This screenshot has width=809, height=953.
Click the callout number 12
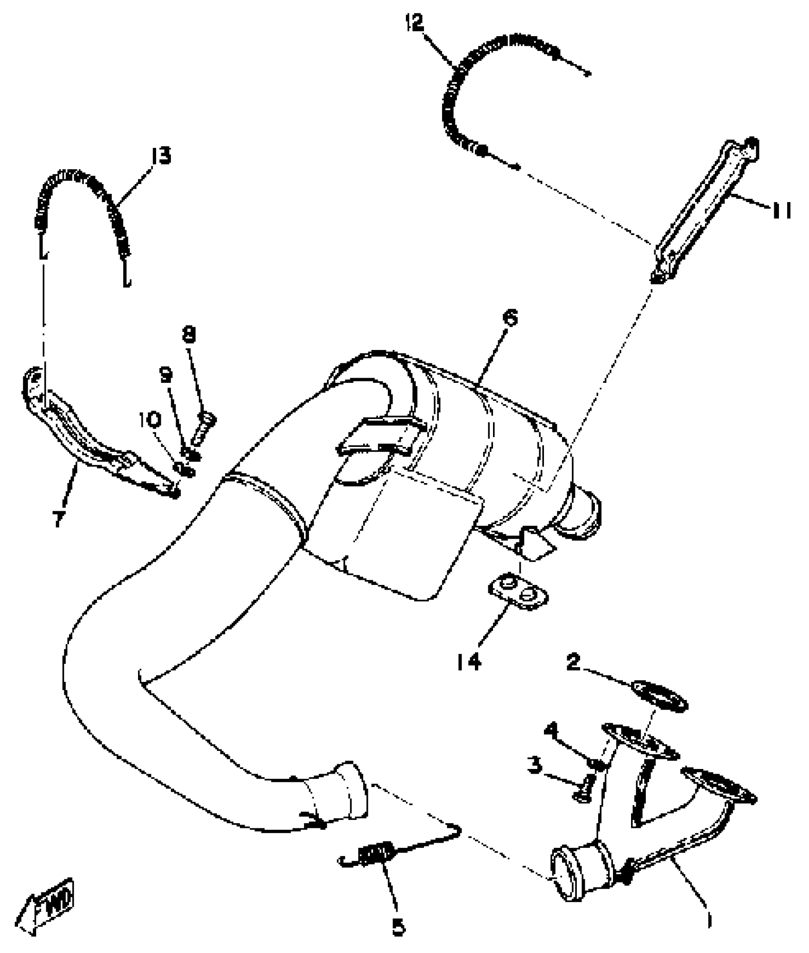click(x=414, y=22)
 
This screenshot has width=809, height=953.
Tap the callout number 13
click(x=160, y=155)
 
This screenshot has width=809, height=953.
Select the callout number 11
click(x=781, y=210)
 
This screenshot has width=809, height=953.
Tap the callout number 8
click(x=189, y=335)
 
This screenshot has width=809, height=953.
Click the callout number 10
click(x=150, y=419)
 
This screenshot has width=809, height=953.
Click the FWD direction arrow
click(x=48, y=913)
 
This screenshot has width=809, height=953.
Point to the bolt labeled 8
click(x=204, y=429)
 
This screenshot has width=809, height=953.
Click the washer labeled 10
click(x=185, y=470)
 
